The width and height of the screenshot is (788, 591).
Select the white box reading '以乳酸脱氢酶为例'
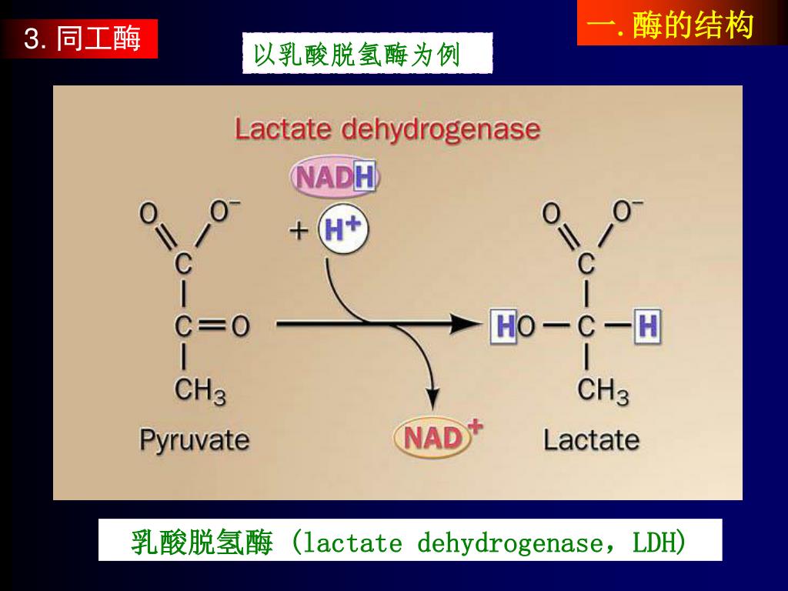pos(366,54)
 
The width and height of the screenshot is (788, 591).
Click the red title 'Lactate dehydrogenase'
pos(387,129)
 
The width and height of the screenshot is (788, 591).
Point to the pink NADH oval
pos(335,178)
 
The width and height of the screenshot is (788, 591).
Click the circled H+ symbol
pos(343,229)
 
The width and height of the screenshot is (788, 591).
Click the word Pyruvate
pos(194,440)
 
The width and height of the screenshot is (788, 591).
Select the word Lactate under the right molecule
pos(591,440)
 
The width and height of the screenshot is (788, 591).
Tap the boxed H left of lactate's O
pos(505,326)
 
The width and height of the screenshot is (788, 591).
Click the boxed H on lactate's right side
pos(647,326)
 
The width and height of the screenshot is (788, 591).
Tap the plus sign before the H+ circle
pos(299,229)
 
